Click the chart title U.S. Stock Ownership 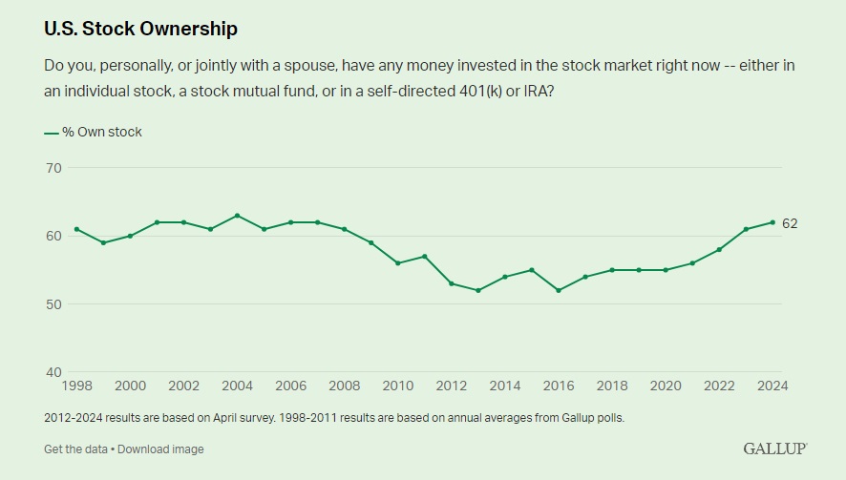(140, 29)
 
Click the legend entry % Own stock (93, 132)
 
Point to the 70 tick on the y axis (53, 168)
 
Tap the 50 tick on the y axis (53, 304)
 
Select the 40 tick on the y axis (53, 372)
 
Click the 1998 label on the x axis (77, 386)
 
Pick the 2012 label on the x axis (451, 386)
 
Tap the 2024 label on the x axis (771, 386)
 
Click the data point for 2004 (237, 216)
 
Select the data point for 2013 (477, 290)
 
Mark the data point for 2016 (558, 290)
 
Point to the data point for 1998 (76, 229)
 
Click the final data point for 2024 (772, 222)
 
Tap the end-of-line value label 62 (790, 223)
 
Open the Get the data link (75, 449)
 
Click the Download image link (160, 449)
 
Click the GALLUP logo (774, 449)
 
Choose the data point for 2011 (424, 256)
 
